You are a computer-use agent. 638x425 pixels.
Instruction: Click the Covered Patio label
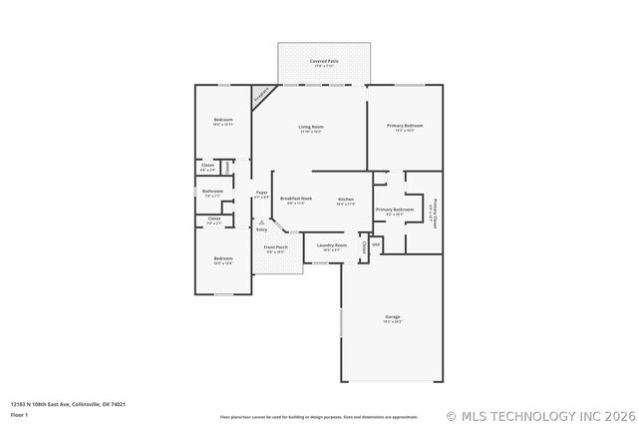[x=322, y=61]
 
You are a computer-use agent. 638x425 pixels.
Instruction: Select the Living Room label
[x=311, y=127]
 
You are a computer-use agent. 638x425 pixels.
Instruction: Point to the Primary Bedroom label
[x=405, y=126]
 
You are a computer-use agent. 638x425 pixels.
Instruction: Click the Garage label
[x=392, y=316]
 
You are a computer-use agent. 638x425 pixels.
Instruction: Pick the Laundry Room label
[x=332, y=244]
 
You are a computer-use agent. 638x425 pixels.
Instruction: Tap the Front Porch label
[x=275, y=246]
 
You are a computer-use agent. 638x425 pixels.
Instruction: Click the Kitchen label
[x=346, y=200]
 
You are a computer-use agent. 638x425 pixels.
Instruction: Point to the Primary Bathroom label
[x=389, y=210]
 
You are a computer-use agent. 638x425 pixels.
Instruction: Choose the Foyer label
[x=261, y=192]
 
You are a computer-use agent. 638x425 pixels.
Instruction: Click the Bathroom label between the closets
[x=212, y=191]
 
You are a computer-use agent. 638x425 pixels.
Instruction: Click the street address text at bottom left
[x=68, y=404]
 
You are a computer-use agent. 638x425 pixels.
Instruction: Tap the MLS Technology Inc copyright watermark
[x=540, y=415]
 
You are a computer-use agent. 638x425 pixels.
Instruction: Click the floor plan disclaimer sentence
[x=318, y=416]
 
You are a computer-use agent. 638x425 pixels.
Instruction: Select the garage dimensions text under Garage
[x=392, y=322]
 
